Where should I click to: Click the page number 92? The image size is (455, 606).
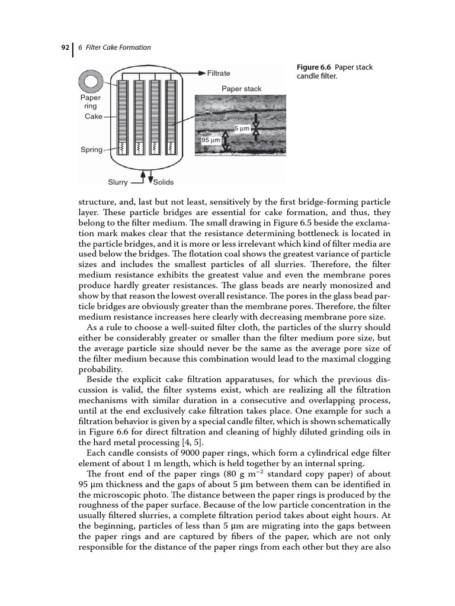(x=65, y=47)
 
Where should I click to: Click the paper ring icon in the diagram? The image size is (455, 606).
(x=91, y=80)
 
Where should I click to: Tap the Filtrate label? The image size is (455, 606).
(x=219, y=73)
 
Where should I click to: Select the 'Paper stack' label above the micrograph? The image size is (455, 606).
(x=241, y=89)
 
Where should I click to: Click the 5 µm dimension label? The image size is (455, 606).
(x=242, y=128)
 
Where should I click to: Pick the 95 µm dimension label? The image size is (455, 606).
(x=210, y=140)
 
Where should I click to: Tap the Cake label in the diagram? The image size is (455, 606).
(x=94, y=117)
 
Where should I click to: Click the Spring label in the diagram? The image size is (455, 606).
(x=91, y=150)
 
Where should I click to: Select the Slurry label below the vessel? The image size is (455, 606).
(x=117, y=182)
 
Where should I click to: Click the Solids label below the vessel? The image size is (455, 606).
(x=164, y=182)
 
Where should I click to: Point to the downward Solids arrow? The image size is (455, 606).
(x=150, y=178)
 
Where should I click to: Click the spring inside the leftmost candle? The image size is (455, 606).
(x=122, y=146)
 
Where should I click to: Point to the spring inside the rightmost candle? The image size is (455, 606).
(x=171, y=146)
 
